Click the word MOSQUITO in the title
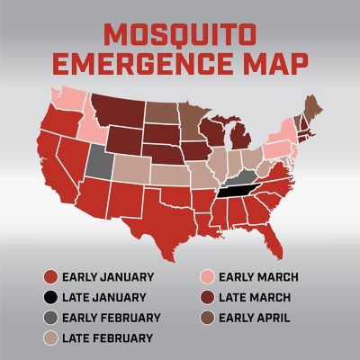click(179, 35)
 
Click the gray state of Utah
click(98, 161)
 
